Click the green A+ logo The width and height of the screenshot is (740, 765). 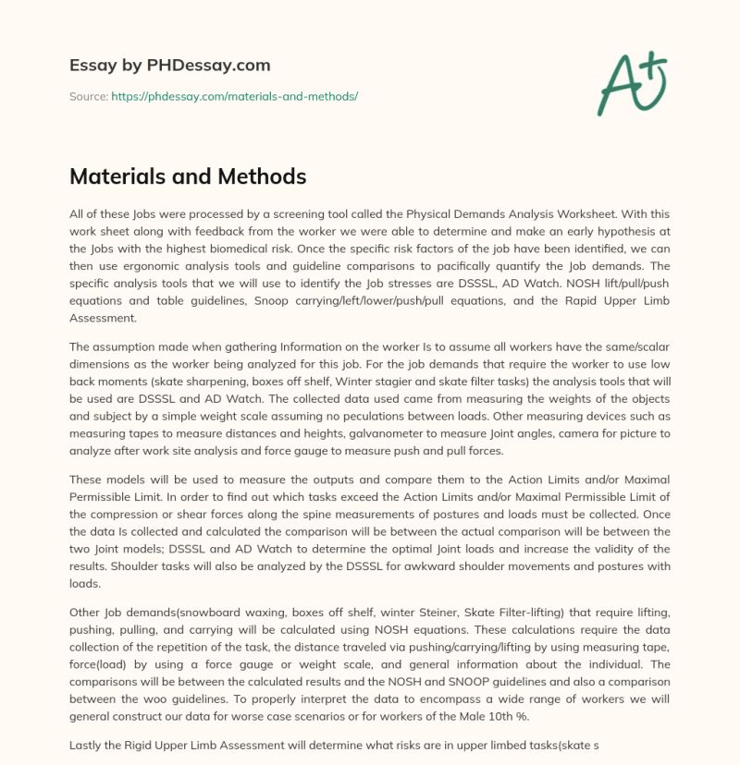pos(633,84)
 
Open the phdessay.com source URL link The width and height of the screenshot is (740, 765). pos(234,96)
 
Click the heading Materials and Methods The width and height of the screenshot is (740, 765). pos(188,176)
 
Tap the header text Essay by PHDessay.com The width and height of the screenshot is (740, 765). pos(170,66)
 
